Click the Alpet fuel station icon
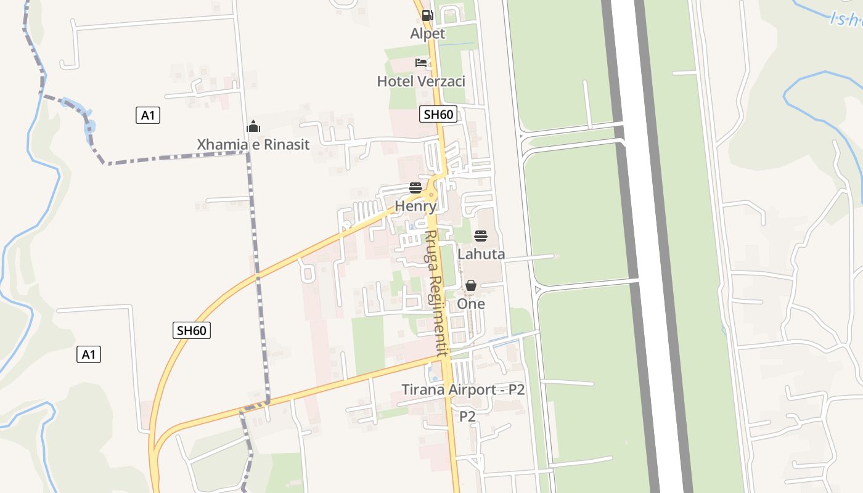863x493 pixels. click(x=427, y=15)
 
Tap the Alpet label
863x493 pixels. click(x=427, y=33)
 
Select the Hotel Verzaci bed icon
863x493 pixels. click(x=421, y=63)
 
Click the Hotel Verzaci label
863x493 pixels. click(x=421, y=81)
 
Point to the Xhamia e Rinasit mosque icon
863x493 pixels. click(x=253, y=127)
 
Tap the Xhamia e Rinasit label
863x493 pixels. click(x=253, y=145)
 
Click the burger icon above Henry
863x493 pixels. click(x=415, y=188)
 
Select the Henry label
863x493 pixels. click(x=415, y=206)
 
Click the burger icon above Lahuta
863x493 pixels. click(x=481, y=235)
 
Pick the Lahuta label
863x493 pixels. click(x=481, y=254)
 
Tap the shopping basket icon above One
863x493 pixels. click(x=471, y=285)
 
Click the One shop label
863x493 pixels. click(x=471, y=304)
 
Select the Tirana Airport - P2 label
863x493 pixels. click(x=463, y=389)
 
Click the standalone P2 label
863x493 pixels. click(x=467, y=417)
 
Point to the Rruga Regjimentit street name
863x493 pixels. click(x=435, y=293)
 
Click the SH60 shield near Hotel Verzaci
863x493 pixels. click(x=439, y=114)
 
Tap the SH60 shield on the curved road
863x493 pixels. click(x=191, y=330)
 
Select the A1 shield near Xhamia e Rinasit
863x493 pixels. click(x=147, y=115)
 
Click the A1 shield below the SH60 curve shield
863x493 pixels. click(x=89, y=354)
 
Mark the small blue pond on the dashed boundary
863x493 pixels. click(x=89, y=127)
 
